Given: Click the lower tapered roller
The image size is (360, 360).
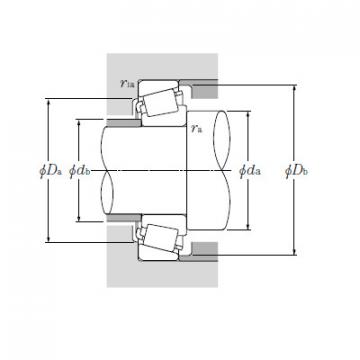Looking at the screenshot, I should coord(157,238).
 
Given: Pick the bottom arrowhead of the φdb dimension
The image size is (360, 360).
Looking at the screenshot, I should coord(81,219).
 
